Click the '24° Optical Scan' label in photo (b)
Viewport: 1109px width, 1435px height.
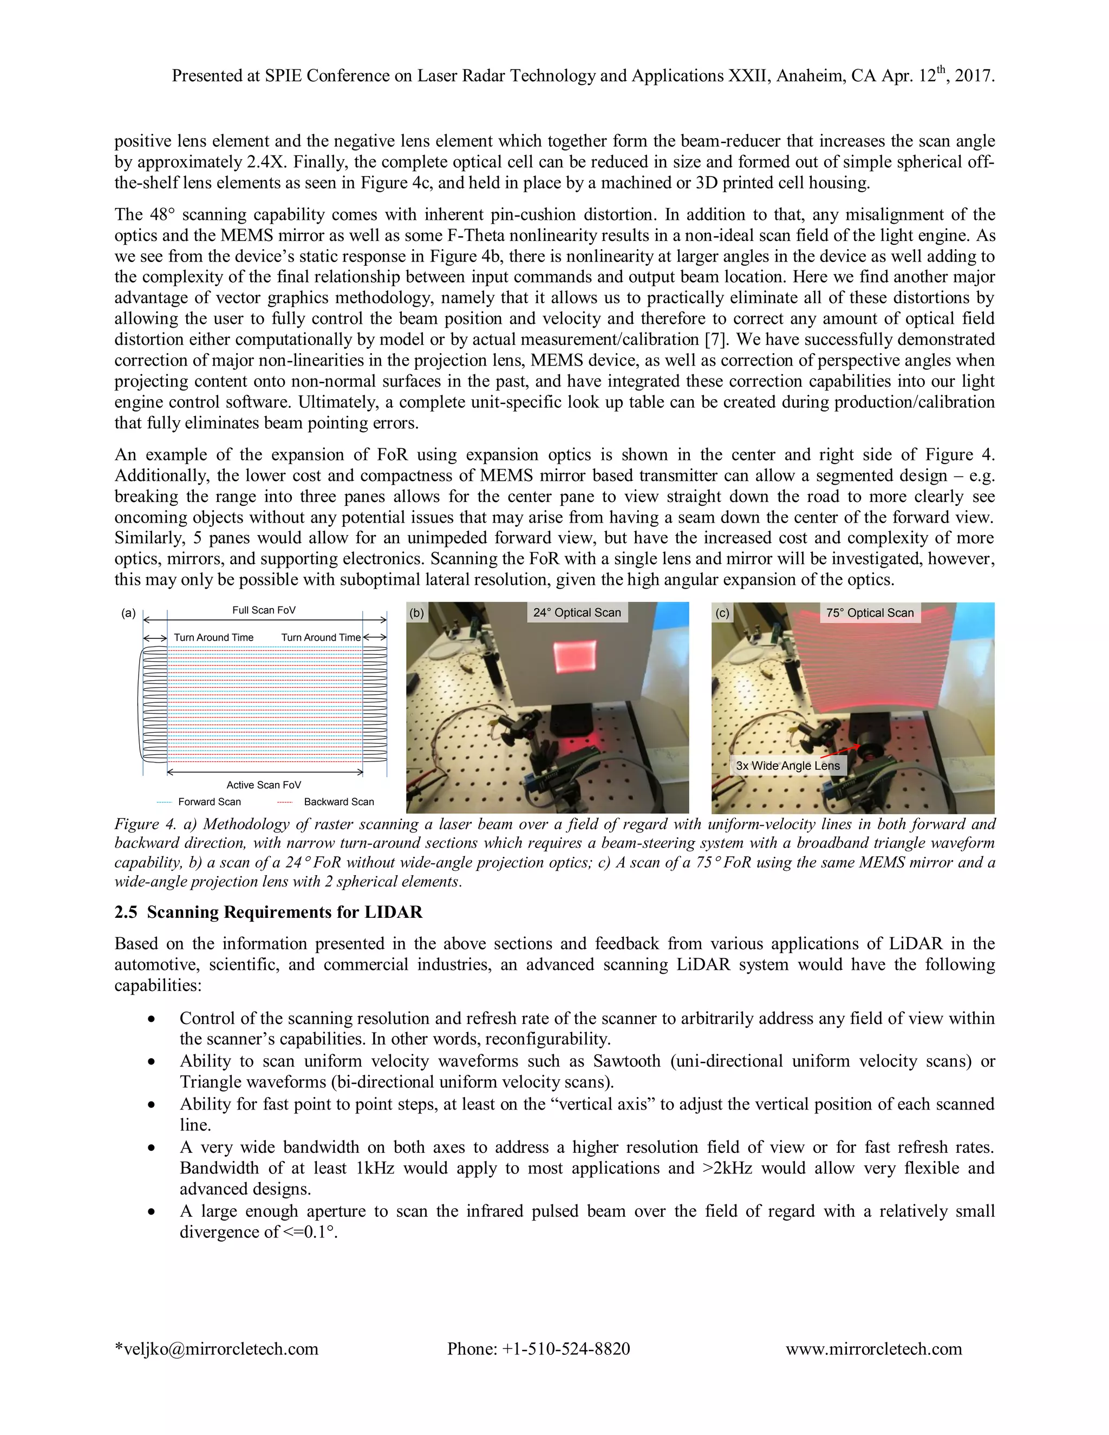click(x=576, y=612)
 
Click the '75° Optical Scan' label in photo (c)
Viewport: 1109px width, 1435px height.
click(x=869, y=612)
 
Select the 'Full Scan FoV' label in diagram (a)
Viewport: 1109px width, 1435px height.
click(x=264, y=610)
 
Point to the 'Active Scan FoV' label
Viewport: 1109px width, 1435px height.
click(x=264, y=785)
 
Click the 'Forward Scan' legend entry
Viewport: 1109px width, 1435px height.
click(x=209, y=801)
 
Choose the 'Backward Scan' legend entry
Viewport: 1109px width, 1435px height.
click(x=338, y=801)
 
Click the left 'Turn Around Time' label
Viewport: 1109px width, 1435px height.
click(x=213, y=637)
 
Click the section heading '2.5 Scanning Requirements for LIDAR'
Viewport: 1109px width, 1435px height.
click(x=268, y=912)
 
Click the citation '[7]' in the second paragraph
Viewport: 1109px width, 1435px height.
click(x=715, y=340)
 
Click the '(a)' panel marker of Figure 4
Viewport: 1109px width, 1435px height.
click(x=128, y=613)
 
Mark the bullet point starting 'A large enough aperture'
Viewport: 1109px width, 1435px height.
click(x=152, y=1211)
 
